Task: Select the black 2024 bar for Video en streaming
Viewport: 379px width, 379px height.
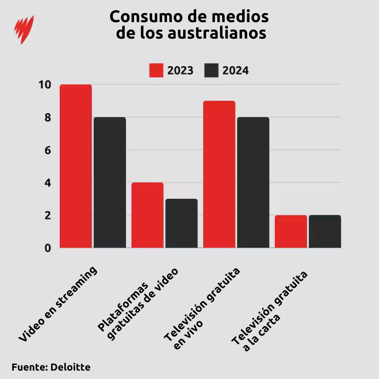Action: pyautogui.click(x=110, y=182)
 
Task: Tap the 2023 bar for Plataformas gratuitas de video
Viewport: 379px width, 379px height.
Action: pyautogui.click(x=147, y=215)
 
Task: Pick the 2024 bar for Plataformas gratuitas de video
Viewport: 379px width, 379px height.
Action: pyautogui.click(x=181, y=223)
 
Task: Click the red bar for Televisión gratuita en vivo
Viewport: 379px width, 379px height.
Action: pyautogui.click(x=219, y=174)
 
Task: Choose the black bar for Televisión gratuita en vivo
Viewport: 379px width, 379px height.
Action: pyautogui.click(x=253, y=182)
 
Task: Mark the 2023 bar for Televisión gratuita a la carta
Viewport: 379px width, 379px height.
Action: pyautogui.click(x=291, y=231)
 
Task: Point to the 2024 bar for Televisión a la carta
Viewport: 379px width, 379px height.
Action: pyautogui.click(x=325, y=231)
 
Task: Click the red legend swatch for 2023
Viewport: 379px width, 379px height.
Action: pyautogui.click(x=156, y=71)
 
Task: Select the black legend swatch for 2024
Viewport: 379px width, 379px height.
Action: pyautogui.click(x=211, y=71)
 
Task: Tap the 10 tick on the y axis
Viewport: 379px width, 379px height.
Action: pyautogui.click(x=45, y=85)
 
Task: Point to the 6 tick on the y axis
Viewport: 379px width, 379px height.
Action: pyautogui.click(x=47, y=150)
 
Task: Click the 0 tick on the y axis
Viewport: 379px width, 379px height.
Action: pyautogui.click(x=47, y=248)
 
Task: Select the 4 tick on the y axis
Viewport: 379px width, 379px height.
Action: pyautogui.click(x=47, y=183)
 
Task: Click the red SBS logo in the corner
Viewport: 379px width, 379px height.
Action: pyautogui.click(x=24, y=29)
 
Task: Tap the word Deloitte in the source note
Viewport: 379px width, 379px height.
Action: pyautogui.click(x=70, y=367)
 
